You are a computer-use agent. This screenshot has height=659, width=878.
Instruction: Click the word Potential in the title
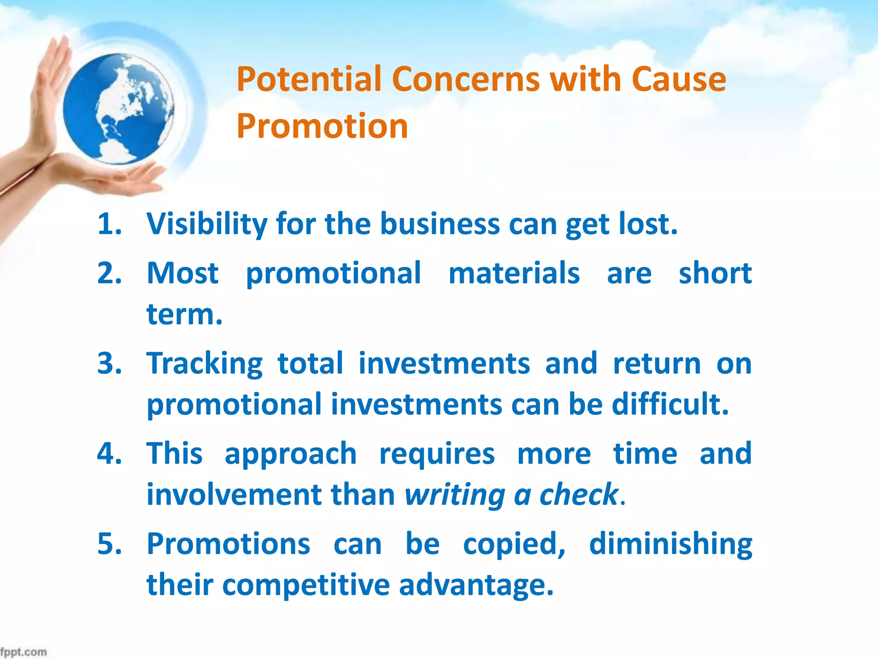(309, 79)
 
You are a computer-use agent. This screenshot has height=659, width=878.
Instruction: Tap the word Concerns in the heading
(466, 79)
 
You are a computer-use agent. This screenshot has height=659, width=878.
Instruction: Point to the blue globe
(118, 109)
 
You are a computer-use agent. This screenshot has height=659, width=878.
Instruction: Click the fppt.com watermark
(24, 652)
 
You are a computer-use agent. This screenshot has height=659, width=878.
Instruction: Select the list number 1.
(108, 224)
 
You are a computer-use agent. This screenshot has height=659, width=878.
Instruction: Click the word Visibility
(207, 224)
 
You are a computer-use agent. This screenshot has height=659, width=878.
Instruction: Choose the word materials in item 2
(514, 273)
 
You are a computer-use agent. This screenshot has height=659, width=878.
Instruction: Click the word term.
(184, 314)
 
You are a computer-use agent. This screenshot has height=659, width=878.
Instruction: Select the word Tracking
(204, 363)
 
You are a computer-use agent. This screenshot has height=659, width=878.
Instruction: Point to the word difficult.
(670, 404)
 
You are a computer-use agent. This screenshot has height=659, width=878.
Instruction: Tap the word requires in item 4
(437, 454)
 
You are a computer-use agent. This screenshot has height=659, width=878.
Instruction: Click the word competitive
(306, 585)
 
